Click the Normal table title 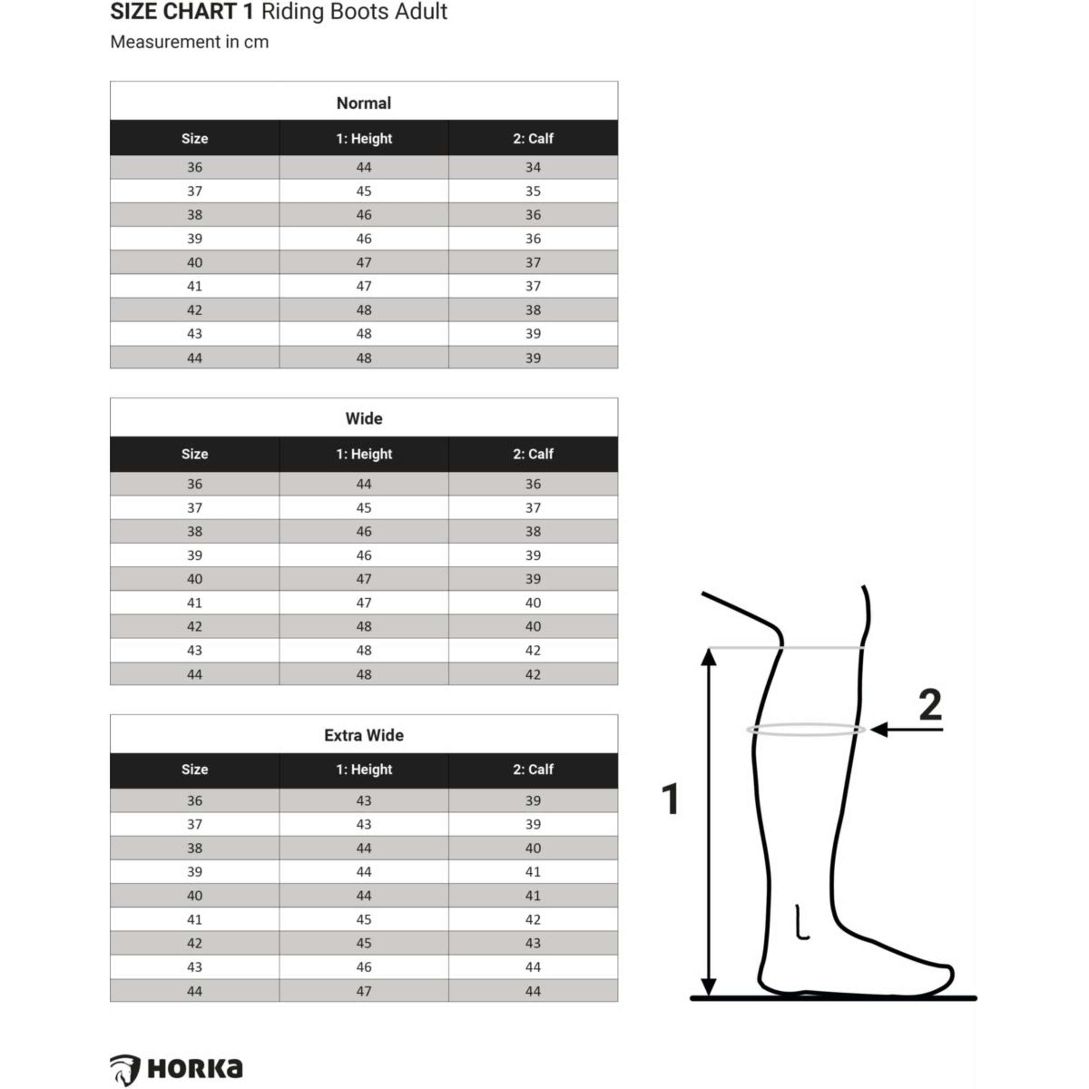364,103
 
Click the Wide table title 364,418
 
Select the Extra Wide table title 364,735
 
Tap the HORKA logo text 195,1068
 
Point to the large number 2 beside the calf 930,705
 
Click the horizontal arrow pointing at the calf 906,729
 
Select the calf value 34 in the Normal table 533,167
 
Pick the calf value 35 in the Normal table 533,191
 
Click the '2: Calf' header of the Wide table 533,454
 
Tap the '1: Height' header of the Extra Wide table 364,770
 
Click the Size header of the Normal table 195,139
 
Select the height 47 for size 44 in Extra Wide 364,991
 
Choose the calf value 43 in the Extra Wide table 533,943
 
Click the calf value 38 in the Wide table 533,531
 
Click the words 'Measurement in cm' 189,42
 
